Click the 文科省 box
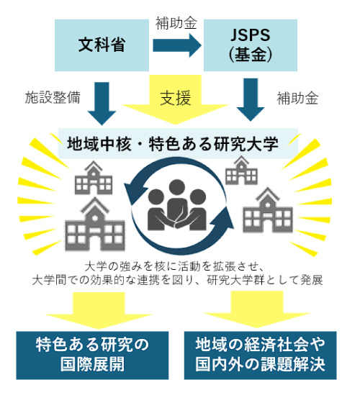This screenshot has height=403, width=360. click(x=102, y=45)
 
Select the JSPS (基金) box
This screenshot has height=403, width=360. click(x=251, y=45)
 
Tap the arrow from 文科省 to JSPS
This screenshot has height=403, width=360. click(x=177, y=45)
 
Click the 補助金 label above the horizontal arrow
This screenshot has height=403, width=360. click(x=176, y=24)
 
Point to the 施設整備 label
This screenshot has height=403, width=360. click(x=53, y=98)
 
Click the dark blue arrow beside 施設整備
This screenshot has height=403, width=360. click(x=102, y=104)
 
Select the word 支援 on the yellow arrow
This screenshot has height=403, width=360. click(x=176, y=98)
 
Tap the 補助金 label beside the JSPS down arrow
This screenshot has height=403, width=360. click(x=297, y=98)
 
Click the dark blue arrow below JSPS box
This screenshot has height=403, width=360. click(x=251, y=99)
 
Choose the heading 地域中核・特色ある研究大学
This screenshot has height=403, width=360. click(x=173, y=144)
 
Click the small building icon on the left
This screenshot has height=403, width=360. click(x=94, y=178)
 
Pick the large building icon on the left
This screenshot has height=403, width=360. click(x=95, y=224)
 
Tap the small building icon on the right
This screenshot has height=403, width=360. click(x=241, y=171)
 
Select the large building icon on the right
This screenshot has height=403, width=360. click(x=268, y=210)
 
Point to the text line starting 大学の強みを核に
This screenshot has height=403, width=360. click(x=174, y=266)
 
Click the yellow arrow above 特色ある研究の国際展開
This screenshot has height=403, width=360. click(x=99, y=310)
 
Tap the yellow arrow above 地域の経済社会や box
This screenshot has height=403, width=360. click(x=257, y=309)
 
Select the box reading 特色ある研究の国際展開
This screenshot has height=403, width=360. click(x=92, y=356)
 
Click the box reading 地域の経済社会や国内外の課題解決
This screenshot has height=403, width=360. click(x=260, y=356)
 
